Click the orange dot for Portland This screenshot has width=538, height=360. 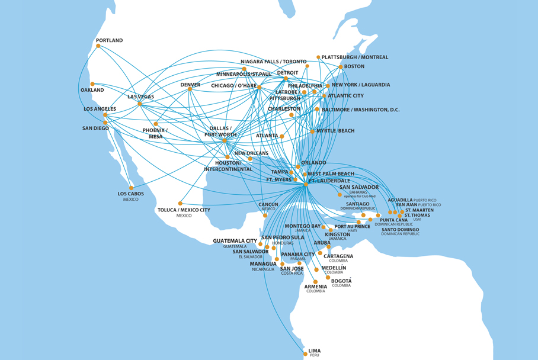point(98,46)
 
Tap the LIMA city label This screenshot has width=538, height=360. point(314,351)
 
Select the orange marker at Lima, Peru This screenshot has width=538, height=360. point(305,354)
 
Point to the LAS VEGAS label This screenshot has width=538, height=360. point(141,97)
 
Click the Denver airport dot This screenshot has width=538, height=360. point(190,89)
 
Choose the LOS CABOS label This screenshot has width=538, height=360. point(130,194)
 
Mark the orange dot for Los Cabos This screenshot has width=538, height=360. point(132,188)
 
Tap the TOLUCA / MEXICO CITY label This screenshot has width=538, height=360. point(184,210)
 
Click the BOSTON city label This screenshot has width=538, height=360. point(354,66)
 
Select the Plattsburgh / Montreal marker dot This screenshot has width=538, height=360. point(318,57)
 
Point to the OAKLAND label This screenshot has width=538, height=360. point(92,90)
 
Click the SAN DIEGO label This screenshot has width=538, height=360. point(95,128)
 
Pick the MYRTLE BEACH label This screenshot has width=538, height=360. point(335,131)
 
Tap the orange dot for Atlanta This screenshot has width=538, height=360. point(282,136)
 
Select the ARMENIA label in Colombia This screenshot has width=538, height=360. point(315,287)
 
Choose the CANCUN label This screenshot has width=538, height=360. point(268,204)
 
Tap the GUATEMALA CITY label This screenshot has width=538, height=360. point(235,241)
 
